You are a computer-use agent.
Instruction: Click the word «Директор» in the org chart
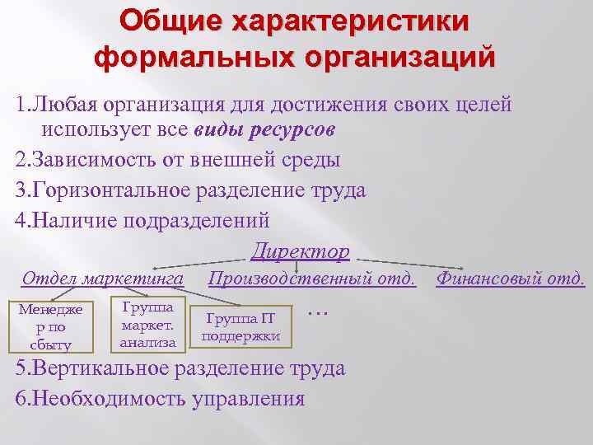[301, 251]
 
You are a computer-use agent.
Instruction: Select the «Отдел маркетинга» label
[103, 279]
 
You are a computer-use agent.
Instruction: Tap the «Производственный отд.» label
[312, 279]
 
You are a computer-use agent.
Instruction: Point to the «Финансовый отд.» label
[511, 279]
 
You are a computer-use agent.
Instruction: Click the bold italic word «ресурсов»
[294, 130]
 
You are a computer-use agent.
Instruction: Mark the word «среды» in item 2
[313, 160]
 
